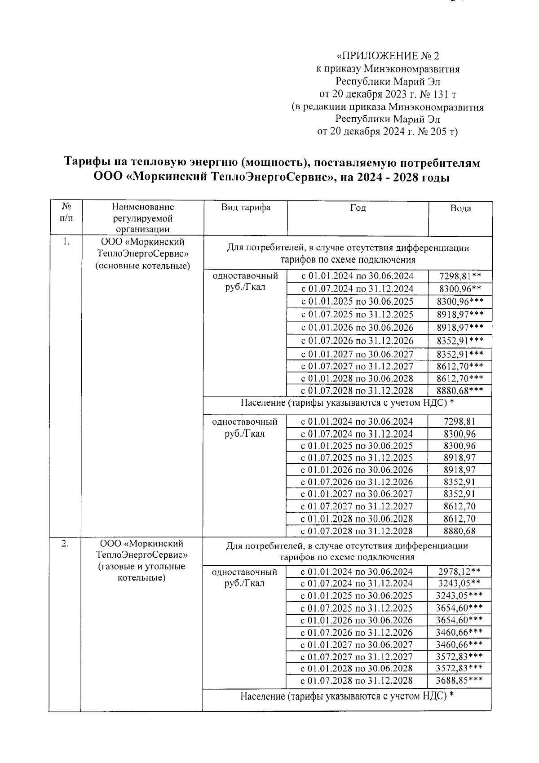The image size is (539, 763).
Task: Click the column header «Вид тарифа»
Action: (x=245, y=208)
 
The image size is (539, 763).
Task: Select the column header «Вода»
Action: (x=460, y=208)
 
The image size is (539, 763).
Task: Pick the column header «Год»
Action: (x=358, y=208)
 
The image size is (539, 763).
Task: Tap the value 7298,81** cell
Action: (x=460, y=276)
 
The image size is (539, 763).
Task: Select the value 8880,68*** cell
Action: (x=460, y=390)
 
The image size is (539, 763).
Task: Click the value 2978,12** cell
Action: (x=459, y=572)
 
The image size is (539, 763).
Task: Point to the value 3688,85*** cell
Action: (x=459, y=680)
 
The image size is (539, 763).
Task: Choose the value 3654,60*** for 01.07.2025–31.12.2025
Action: (x=459, y=608)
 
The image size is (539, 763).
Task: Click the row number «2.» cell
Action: (x=66, y=544)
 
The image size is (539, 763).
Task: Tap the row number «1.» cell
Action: (x=66, y=242)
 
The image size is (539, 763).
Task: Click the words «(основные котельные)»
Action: (x=142, y=266)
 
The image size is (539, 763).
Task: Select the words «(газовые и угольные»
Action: (x=142, y=566)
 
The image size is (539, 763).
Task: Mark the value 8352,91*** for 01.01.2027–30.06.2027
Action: (x=460, y=354)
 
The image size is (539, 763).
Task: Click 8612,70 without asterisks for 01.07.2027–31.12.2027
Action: (x=459, y=506)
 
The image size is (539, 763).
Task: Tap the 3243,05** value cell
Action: (x=459, y=583)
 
